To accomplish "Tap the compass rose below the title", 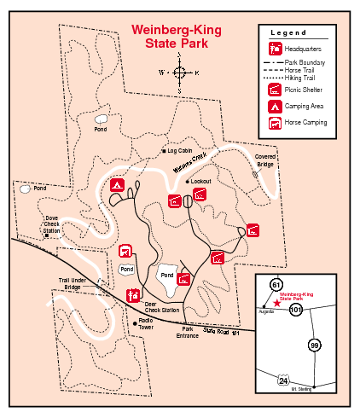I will [x=180, y=73].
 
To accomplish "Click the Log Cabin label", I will [x=181, y=151].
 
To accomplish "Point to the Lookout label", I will [x=200, y=182].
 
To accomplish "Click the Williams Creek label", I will [x=193, y=162].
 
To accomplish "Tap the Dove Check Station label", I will [x=52, y=225].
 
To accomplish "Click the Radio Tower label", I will [x=151, y=326].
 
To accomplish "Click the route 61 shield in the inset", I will [x=276, y=284].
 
